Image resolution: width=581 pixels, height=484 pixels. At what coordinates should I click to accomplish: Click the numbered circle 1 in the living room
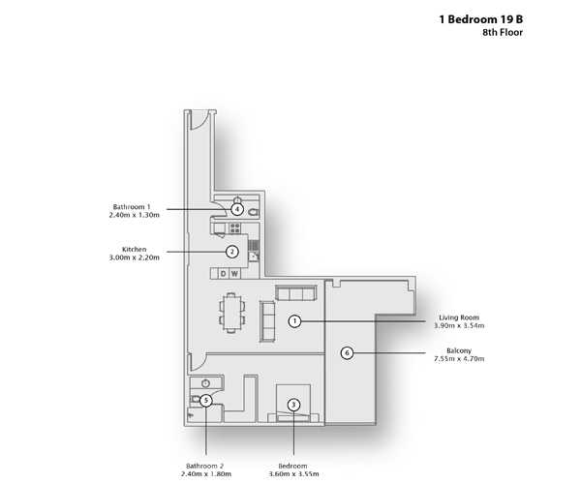pos(294,321)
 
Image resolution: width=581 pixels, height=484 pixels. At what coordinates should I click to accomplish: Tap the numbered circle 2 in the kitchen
pos(232,252)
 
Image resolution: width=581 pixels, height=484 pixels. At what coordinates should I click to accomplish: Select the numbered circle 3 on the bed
pos(293,405)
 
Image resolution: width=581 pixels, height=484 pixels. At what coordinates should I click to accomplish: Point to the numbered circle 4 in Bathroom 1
pos(237,210)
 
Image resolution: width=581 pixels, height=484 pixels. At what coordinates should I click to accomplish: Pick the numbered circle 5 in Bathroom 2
pos(206,401)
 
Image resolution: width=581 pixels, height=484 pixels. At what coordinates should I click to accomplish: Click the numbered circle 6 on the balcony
pos(347,353)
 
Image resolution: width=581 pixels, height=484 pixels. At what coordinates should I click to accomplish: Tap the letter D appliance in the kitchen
pos(223,274)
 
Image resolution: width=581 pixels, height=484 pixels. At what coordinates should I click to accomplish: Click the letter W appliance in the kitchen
pos(234,274)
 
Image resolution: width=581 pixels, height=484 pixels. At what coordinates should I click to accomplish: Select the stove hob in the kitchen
pos(235,227)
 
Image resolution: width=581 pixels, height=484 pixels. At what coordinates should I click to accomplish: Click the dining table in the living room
pos(231,313)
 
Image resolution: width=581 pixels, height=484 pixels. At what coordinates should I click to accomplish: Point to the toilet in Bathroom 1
pos(254,213)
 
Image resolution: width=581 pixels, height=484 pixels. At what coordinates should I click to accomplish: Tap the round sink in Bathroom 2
pos(206,383)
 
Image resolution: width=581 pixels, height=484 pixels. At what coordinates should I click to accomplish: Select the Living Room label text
pos(459,318)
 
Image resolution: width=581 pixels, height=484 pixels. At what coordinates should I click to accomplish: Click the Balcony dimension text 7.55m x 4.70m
pos(459,358)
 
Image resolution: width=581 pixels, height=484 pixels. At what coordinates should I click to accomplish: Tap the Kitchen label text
pos(135,249)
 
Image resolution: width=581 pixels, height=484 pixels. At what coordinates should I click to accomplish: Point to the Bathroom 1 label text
pos(132,206)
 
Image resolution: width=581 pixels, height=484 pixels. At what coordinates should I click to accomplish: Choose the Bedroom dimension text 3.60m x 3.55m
pos(293,473)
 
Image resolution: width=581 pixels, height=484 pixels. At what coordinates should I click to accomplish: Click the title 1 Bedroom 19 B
pos(481,19)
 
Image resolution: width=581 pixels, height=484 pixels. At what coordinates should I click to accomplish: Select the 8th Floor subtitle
pos(503,32)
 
